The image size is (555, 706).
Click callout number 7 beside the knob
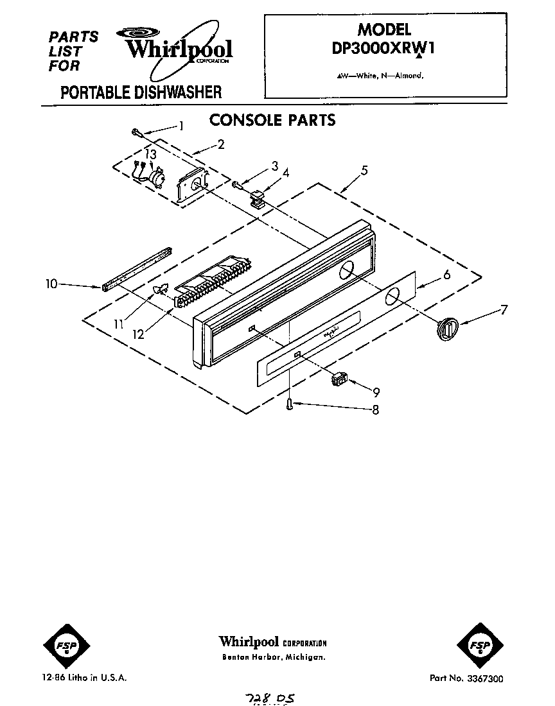click(503, 311)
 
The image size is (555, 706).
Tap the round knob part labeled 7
click(445, 327)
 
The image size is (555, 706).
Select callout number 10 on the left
click(52, 282)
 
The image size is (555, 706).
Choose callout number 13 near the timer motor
click(150, 155)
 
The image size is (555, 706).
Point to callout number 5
click(364, 170)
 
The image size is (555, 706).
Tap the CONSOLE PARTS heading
click(273, 119)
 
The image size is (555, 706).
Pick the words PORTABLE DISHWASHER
click(141, 92)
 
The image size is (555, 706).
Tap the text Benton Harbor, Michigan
click(273, 658)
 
